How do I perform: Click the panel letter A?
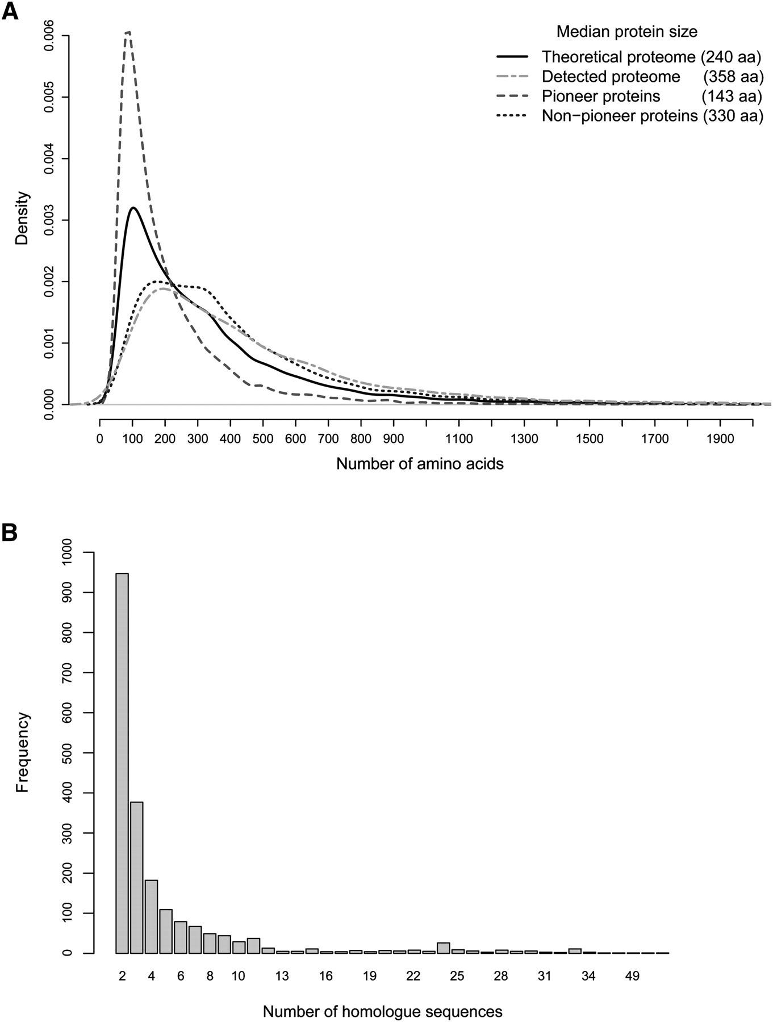10,11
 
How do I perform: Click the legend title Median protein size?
626,32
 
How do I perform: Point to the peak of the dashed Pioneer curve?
128,32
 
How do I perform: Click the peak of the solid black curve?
132,208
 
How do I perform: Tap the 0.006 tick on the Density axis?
50,36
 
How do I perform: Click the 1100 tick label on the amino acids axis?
459,438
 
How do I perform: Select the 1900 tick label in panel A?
720,438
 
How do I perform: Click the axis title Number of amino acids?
420,464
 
